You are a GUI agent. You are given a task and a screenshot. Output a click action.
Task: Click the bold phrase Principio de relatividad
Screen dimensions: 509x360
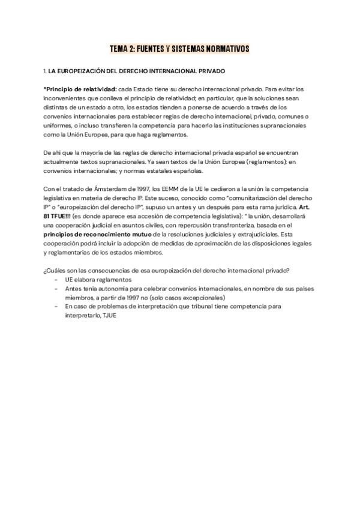pyautogui.click(x=81, y=88)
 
